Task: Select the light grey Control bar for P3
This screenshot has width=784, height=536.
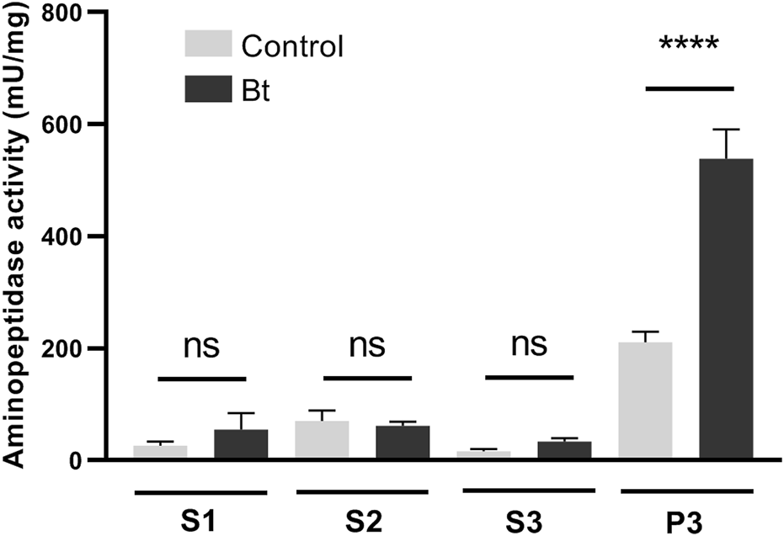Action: point(644,401)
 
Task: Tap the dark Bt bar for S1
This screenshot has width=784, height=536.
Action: point(241,444)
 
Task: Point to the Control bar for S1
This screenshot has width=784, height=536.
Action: point(160,452)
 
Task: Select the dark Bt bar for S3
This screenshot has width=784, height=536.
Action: point(564,450)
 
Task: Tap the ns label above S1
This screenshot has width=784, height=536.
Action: point(200,346)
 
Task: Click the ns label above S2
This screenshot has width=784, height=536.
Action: point(366,346)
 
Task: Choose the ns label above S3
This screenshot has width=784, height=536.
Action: point(528,346)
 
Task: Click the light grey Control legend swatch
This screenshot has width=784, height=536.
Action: point(208,45)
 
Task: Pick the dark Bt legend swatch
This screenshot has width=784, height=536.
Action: point(208,88)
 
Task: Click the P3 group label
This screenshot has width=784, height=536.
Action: point(686,516)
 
